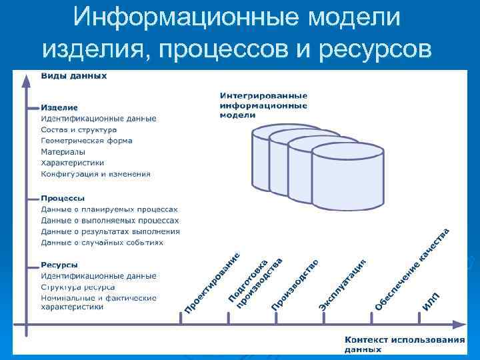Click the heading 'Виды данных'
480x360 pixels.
pos(73,76)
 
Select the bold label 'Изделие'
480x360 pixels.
pos(59,107)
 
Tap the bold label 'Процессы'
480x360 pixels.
pos(63,198)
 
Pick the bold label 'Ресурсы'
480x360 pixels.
pos(59,265)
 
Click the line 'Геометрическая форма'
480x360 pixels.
pos(87,141)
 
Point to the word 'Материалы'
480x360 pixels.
pos(63,152)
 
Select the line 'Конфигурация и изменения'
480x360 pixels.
pos(95,175)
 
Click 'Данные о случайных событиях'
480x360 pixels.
pos(102,243)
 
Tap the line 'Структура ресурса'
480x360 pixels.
pos(78,287)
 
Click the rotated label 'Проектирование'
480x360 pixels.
pos(212,283)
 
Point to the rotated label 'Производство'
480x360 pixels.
pos(295,283)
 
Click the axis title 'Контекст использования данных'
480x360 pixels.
pos(405,343)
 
